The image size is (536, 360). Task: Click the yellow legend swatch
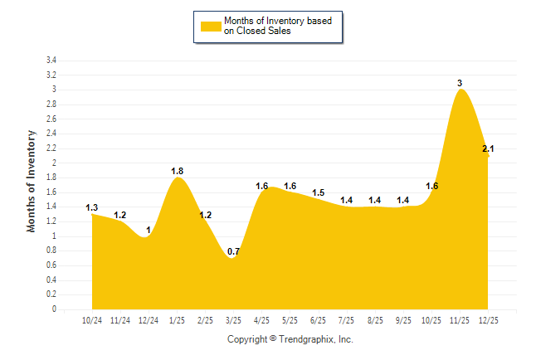tap(211, 26)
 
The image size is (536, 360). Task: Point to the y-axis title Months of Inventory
tap(32, 180)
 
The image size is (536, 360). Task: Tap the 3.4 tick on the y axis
tap(51, 61)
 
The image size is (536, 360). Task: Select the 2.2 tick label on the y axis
tap(51, 148)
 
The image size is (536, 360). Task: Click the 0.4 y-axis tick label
tap(51, 280)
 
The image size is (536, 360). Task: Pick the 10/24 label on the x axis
tap(92, 320)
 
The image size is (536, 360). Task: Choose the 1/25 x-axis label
tap(177, 320)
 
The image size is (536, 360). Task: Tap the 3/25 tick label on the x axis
tap(233, 320)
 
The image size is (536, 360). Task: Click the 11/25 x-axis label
tap(460, 320)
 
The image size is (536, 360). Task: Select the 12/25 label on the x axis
tap(488, 320)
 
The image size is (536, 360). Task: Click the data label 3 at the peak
tap(460, 83)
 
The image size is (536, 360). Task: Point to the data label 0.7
tap(233, 251)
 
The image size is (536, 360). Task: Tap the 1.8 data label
tap(177, 171)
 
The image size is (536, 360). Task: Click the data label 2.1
tap(489, 148)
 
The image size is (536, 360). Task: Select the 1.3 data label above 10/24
tap(92, 207)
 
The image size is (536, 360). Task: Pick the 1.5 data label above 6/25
tap(319, 193)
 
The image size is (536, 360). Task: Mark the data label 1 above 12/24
tap(149, 230)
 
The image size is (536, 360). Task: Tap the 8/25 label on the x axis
tap(375, 320)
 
